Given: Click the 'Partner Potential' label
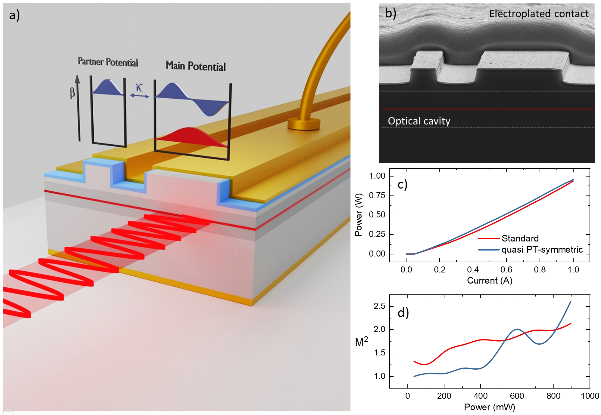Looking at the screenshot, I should (108, 62).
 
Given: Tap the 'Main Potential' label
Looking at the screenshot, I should (195, 66).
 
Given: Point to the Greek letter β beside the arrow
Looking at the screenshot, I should (72, 93).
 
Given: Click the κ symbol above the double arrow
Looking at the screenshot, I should (139, 87).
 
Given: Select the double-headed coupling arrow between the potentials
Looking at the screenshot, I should (139, 96).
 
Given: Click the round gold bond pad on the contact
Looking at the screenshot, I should (304, 123).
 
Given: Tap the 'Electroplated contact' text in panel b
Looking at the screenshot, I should (538, 14).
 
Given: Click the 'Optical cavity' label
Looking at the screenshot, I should (419, 121).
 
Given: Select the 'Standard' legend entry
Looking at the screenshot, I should (520, 238).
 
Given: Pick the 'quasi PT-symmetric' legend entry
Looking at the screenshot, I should (542, 250).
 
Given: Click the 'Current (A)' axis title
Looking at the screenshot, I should (490, 281).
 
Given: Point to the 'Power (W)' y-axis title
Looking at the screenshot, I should (358, 215).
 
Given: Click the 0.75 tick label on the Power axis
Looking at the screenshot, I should (377, 195).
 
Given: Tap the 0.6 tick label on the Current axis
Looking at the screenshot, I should (506, 269).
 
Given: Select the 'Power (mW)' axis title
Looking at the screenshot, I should (489, 407).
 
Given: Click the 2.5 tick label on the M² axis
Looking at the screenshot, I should (379, 306).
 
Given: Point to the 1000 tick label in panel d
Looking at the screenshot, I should (590, 396).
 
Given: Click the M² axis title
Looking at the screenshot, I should (361, 342).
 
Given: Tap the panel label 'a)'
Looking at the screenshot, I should (14, 15).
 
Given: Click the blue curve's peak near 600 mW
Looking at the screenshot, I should (517, 329).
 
